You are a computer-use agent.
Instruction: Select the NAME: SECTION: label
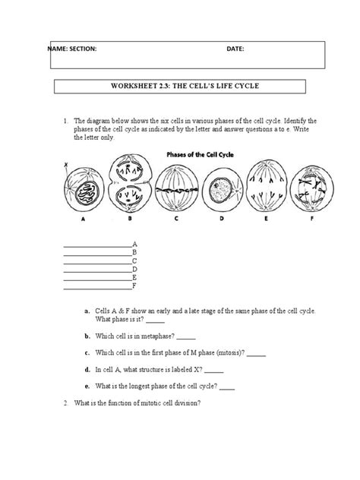tap(72, 49)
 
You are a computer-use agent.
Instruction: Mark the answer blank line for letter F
tap(97, 287)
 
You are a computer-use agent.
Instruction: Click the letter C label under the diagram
tap(175, 223)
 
